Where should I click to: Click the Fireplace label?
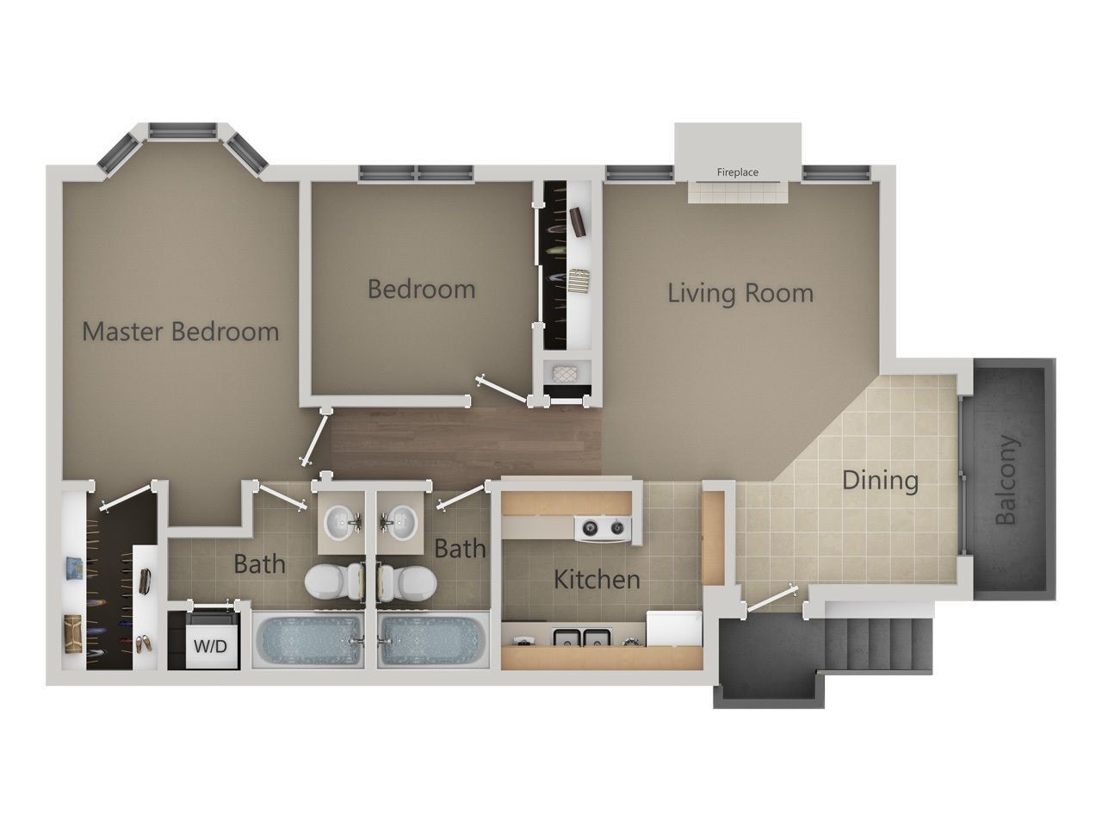[x=738, y=172]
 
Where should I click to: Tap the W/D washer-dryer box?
[x=209, y=644]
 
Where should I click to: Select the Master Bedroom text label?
[x=180, y=331]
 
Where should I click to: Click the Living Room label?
[x=740, y=293]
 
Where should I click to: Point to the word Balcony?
[x=1006, y=481]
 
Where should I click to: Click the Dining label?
[x=880, y=480]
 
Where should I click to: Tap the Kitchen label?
[x=597, y=579]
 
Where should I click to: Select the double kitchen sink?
[x=583, y=638]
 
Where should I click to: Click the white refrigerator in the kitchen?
[x=674, y=628]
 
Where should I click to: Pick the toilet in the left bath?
[x=331, y=581]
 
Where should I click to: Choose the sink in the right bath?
[x=400, y=522]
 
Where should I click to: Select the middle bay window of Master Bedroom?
[x=182, y=131]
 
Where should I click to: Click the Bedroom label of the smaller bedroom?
[x=421, y=289]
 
